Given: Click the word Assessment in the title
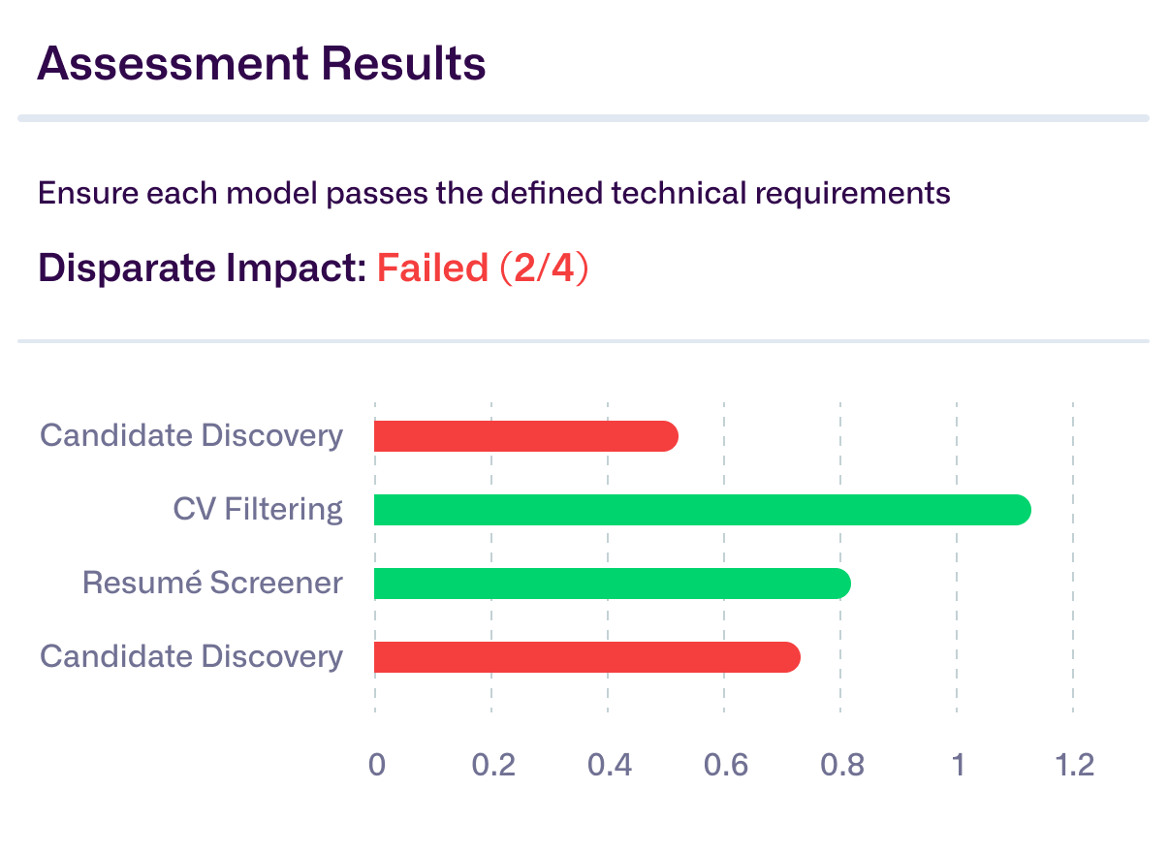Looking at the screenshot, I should (x=171, y=64).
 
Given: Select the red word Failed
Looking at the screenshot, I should (x=432, y=268).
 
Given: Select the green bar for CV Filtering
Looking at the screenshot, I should (x=702, y=510).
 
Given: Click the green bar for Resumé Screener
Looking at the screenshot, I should (x=612, y=584).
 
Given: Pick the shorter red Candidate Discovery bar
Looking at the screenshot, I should (x=525, y=436).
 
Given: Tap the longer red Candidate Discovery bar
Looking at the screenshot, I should (x=586, y=657).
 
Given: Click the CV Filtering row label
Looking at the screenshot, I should (x=258, y=509).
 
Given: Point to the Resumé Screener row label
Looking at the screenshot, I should (x=212, y=583).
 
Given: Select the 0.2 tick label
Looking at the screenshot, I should (x=493, y=765).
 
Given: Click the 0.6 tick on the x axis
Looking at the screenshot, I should (x=726, y=765).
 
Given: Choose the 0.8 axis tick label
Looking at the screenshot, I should (x=842, y=765).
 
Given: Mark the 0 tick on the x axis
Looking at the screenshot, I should (x=376, y=765).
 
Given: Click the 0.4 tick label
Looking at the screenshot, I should (x=610, y=765).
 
